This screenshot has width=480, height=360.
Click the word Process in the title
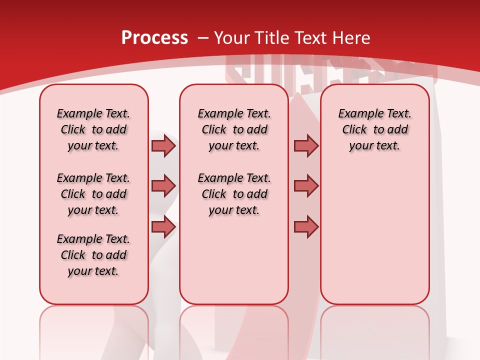[x=154, y=38]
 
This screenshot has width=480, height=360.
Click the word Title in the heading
[x=270, y=38]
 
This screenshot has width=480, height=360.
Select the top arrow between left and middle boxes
[x=163, y=146]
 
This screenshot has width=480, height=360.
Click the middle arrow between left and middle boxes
[x=163, y=186]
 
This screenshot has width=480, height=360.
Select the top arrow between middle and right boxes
[x=306, y=146]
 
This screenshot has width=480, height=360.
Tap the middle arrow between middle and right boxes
[x=306, y=186]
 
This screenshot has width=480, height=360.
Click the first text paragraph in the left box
[x=93, y=129]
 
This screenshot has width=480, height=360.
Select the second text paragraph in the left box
[x=93, y=194]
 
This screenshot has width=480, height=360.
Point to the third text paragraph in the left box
[x=93, y=255]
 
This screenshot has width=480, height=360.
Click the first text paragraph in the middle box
[x=234, y=129]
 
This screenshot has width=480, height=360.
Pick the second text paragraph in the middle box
[x=234, y=194]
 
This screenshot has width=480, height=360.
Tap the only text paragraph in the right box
[x=374, y=129]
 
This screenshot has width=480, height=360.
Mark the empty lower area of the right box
[x=374, y=240]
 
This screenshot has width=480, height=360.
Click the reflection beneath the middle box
[x=234, y=330]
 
